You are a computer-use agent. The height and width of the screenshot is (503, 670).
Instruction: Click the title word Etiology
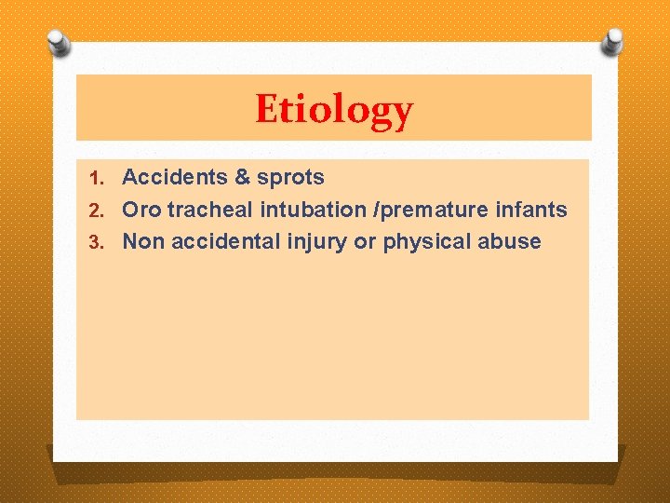[334, 110]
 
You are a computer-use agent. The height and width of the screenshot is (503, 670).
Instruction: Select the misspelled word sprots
[290, 178]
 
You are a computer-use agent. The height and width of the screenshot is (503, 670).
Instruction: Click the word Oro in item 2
[141, 210]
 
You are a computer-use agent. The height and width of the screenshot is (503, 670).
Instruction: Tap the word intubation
[304, 210]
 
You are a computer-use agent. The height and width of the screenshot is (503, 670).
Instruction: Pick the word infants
[530, 210]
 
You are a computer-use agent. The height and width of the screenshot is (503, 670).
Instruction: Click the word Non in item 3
[142, 242]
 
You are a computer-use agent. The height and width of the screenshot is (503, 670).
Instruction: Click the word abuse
[509, 242]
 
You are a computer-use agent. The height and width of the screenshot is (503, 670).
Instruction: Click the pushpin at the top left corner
[59, 42]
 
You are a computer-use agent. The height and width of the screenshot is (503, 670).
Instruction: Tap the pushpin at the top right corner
[611, 40]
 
